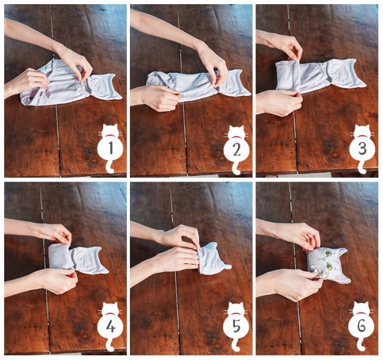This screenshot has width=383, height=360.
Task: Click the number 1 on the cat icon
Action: [111, 148]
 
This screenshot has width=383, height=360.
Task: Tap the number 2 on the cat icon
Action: [237, 150]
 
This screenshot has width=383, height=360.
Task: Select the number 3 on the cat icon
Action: [363, 149]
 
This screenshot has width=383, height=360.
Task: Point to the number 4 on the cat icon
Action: [111, 326]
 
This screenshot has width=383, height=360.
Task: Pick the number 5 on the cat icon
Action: [237, 326]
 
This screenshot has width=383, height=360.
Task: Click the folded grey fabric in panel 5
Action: [213, 260]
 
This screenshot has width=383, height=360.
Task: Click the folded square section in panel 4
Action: [61, 257]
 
